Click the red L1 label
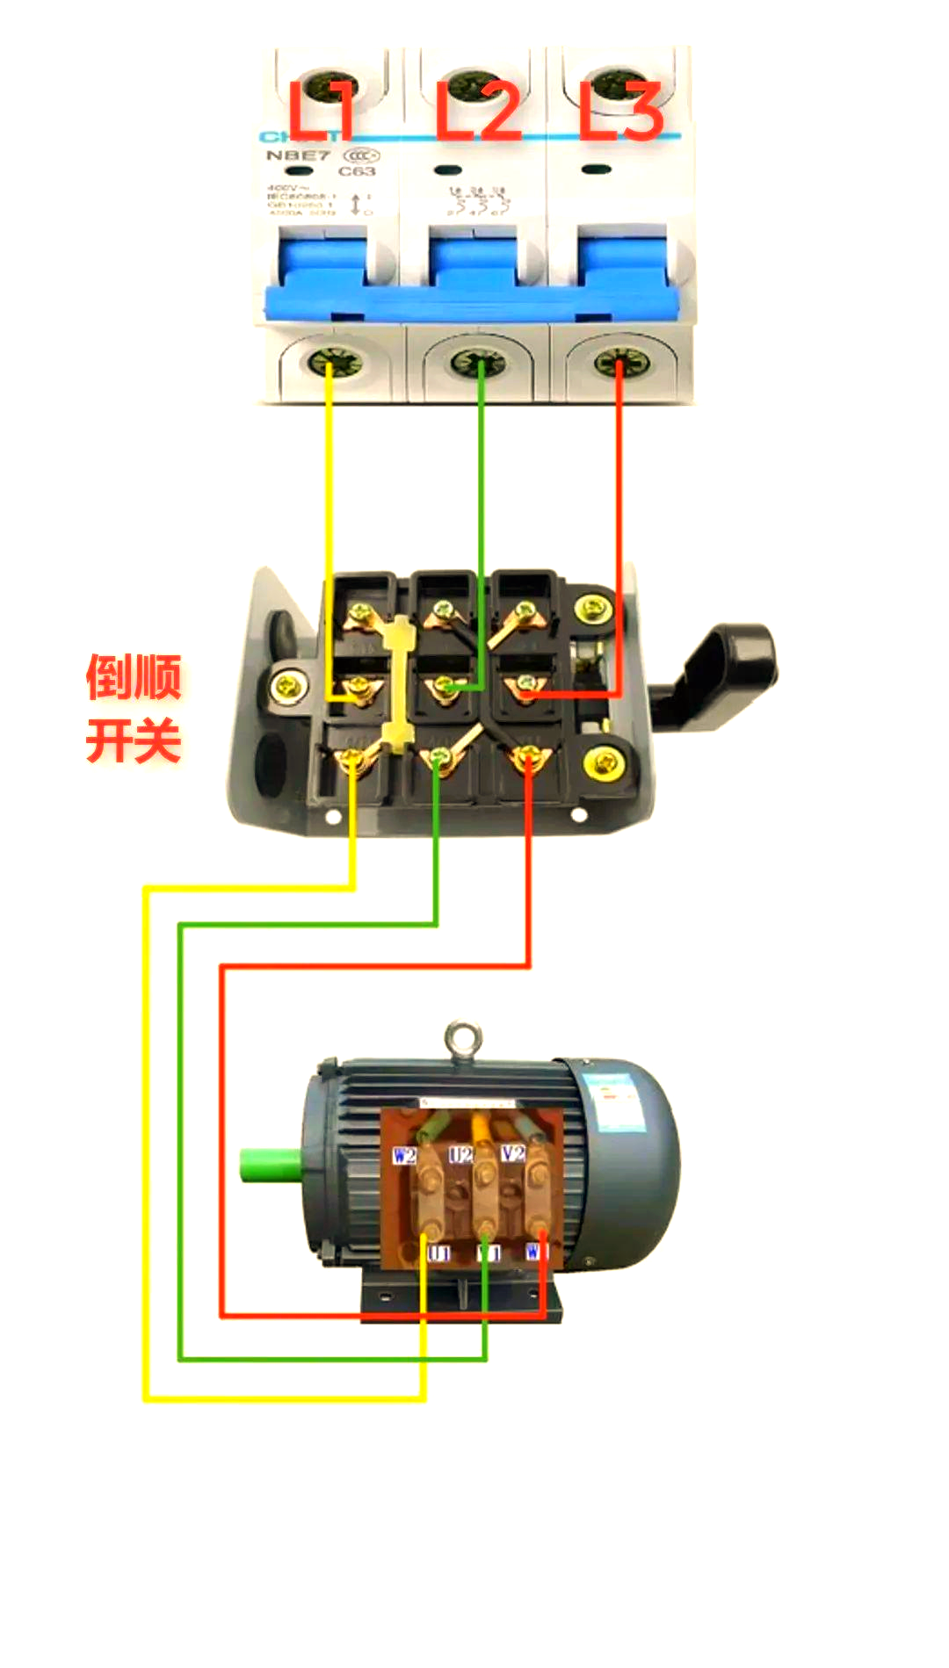tap(322, 110)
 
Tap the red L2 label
tap(479, 110)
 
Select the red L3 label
tap(621, 112)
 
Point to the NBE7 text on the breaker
tap(298, 155)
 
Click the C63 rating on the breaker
tap(357, 171)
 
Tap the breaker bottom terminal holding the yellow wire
tap(330, 362)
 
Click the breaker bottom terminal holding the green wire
tap(479, 362)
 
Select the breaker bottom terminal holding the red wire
tap(619, 362)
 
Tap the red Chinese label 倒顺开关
tap(134, 708)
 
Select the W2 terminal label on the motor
tap(404, 1155)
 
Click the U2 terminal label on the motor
tap(460, 1154)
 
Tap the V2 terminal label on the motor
tap(513, 1152)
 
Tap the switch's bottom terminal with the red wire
tap(528, 756)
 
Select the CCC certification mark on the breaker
tap(362, 155)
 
